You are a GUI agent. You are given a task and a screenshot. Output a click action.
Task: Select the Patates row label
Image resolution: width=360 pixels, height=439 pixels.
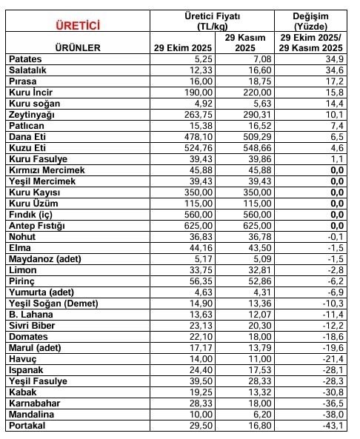(27, 58)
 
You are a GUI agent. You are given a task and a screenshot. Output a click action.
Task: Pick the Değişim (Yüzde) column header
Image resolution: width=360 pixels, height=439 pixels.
(310, 20)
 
